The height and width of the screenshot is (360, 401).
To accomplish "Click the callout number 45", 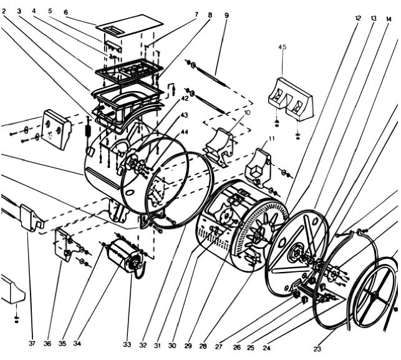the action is [x=283, y=47].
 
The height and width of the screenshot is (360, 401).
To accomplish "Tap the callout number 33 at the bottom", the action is [x=127, y=344].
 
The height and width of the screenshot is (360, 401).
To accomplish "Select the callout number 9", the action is [x=226, y=16].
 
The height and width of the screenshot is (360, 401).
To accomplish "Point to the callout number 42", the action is [x=185, y=98].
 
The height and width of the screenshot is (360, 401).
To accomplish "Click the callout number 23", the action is [x=317, y=349].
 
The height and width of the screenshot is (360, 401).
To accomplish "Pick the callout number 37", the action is [x=32, y=343].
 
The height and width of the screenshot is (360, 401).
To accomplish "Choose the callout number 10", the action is [x=247, y=112].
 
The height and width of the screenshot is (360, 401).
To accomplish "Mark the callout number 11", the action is [x=271, y=139].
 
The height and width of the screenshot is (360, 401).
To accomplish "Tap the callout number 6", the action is [x=66, y=12].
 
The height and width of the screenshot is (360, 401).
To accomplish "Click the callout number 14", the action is [x=389, y=19].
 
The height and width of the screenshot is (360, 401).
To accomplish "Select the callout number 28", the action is [x=203, y=346].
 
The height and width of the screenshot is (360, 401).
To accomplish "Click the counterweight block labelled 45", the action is [x=291, y=99].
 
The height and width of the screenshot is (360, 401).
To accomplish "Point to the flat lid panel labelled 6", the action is [x=130, y=26].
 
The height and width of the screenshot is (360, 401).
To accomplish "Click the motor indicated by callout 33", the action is [x=125, y=256].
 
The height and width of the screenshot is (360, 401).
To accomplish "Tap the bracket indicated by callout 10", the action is [x=219, y=147].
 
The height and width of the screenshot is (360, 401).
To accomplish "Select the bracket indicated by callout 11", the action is [x=258, y=167].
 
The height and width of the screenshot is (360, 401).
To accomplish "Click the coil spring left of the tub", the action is [x=87, y=131].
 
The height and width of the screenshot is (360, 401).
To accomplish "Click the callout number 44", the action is [x=184, y=132].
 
